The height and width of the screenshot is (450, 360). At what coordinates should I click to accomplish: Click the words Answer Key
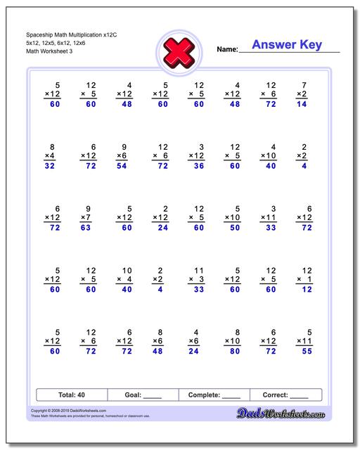point(287,45)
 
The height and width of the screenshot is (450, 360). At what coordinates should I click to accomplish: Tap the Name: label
point(227,49)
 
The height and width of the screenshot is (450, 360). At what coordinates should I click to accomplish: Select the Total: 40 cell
point(72,394)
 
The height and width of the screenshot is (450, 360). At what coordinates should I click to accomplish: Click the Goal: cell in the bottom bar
point(143,394)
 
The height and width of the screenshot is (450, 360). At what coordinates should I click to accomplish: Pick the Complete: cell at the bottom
point(214,394)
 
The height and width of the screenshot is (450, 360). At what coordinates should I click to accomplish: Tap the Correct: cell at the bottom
point(285,394)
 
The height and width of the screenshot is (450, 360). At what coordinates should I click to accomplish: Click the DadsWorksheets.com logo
point(290,413)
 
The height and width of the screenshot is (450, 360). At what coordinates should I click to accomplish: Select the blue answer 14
point(302,103)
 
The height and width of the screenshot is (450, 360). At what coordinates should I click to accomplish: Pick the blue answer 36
point(198,167)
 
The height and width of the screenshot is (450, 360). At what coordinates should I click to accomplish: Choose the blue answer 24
point(162,229)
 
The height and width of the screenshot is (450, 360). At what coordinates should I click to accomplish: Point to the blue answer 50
point(235,229)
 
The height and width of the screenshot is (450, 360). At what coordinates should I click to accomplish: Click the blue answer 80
point(235,352)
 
